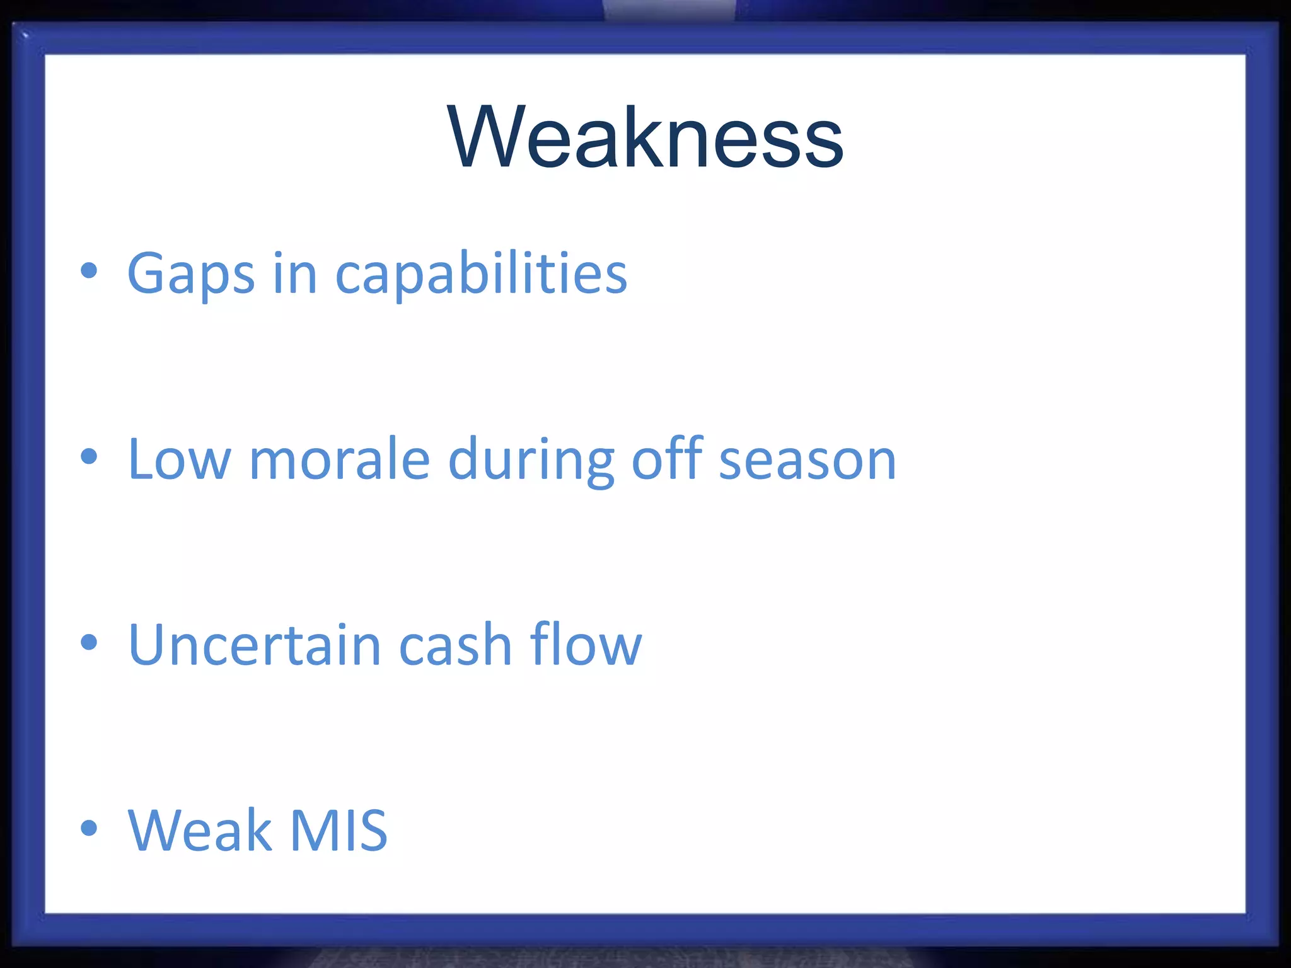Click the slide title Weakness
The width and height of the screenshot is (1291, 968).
(x=645, y=137)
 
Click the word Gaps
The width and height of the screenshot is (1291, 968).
(x=190, y=274)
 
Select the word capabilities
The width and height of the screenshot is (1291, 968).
(x=481, y=274)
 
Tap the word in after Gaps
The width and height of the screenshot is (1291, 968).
(x=294, y=274)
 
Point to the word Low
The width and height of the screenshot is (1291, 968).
(x=179, y=459)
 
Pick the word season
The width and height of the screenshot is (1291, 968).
(x=808, y=461)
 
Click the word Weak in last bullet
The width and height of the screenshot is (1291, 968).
(x=199, y=831)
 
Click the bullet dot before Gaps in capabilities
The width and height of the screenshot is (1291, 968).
(x=90, y=271)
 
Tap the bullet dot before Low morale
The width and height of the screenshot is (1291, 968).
(x=90, y=456)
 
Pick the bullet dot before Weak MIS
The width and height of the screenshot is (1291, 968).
(x=90, y=827)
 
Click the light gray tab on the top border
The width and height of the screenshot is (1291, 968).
(x=669, y=9)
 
